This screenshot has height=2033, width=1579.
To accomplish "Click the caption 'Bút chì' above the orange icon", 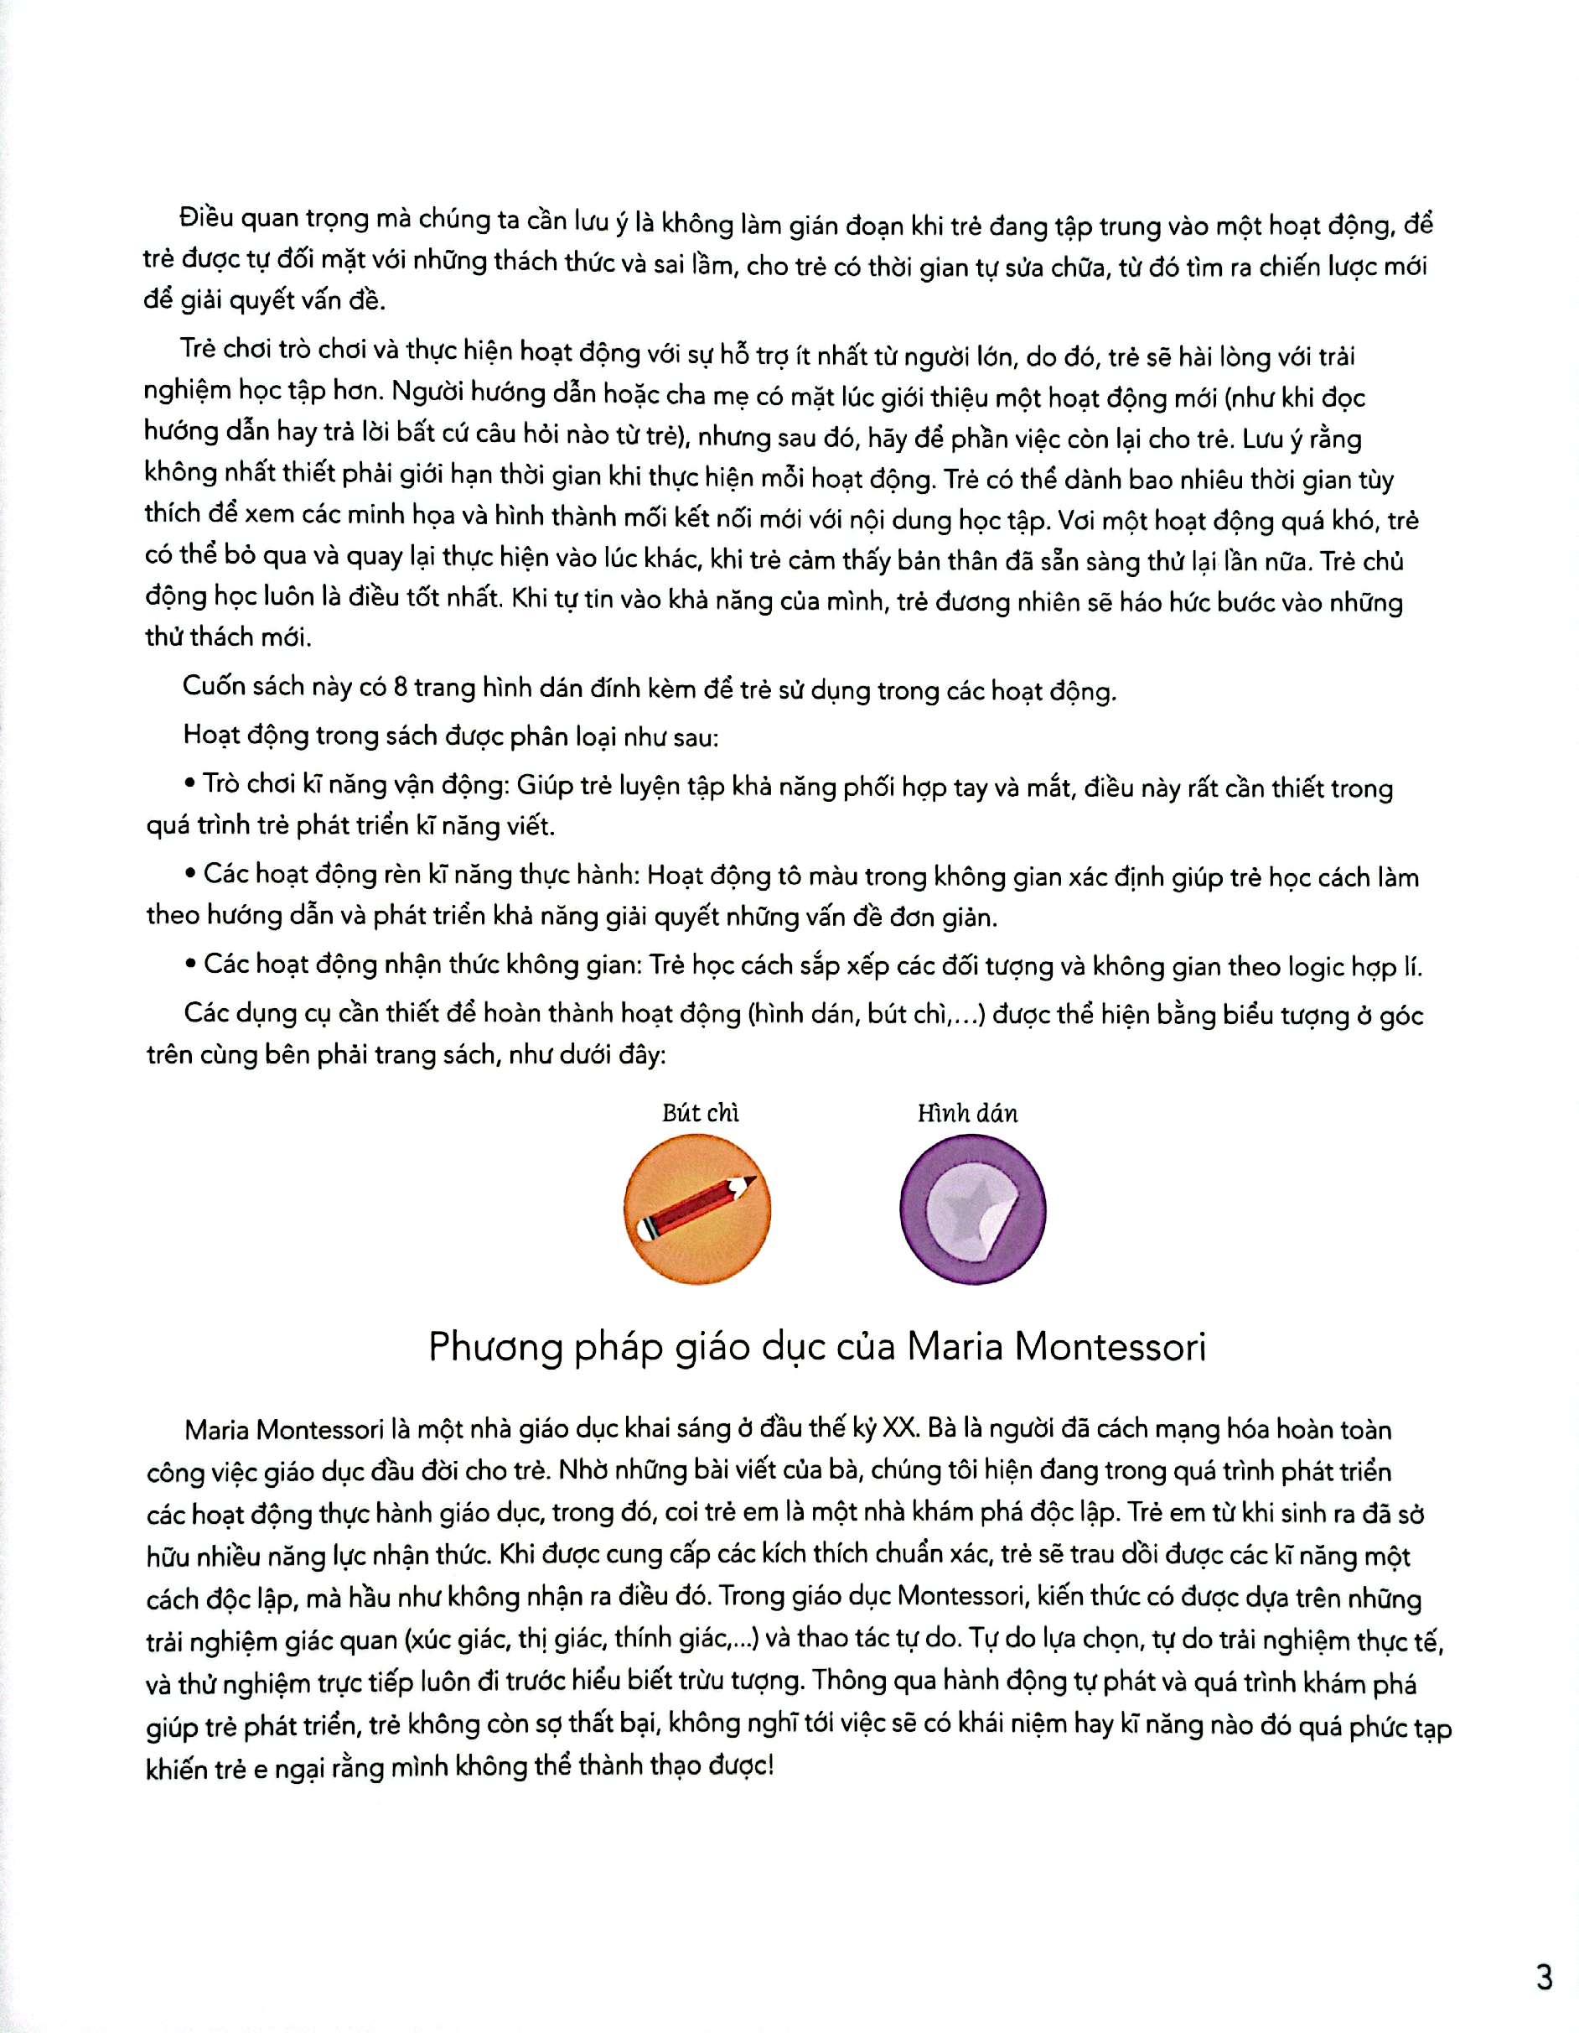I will click(700, 1113).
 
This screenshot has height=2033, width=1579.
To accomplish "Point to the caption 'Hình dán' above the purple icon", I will click(968, 1113).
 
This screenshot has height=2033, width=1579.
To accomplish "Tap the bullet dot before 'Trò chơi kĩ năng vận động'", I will click(192, 784).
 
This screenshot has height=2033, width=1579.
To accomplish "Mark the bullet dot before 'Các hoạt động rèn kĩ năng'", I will click(192, 873).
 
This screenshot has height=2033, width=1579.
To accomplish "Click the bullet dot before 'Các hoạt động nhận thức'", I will click(192, 964).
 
